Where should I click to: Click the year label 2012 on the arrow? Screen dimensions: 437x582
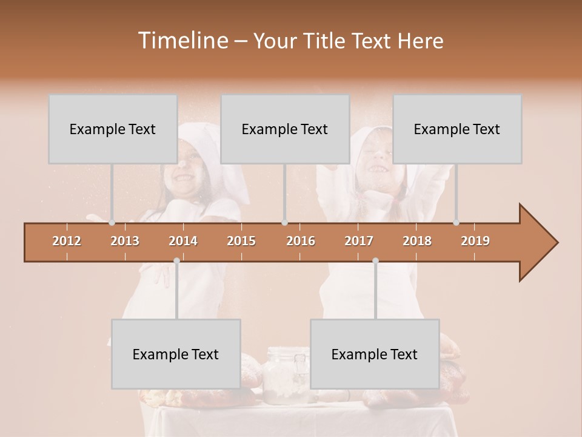point(67,241)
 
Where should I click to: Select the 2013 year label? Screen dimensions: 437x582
point(125,241)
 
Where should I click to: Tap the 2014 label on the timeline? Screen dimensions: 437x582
point(183,241)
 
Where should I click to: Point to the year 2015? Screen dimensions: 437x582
point(241,241)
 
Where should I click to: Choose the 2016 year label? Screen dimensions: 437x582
point(301,241)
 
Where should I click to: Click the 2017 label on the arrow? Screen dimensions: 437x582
point(359,241)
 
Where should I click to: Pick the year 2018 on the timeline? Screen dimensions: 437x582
point(417,241)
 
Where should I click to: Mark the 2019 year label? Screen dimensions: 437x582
point(475,241)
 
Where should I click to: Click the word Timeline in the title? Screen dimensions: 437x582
point(182,41)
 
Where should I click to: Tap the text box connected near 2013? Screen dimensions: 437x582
point(113,129)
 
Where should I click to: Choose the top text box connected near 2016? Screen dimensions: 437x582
point(285,129)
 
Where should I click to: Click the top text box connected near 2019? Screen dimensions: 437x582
point(457,129)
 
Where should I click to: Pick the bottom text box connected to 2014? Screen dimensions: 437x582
point(176,354)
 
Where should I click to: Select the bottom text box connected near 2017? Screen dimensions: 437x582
point(375,354)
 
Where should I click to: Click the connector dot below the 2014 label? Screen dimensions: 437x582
point(176,260)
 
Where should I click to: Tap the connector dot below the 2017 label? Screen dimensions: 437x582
point(375,260)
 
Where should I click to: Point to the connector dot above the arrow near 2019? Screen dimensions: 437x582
point(456,223)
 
